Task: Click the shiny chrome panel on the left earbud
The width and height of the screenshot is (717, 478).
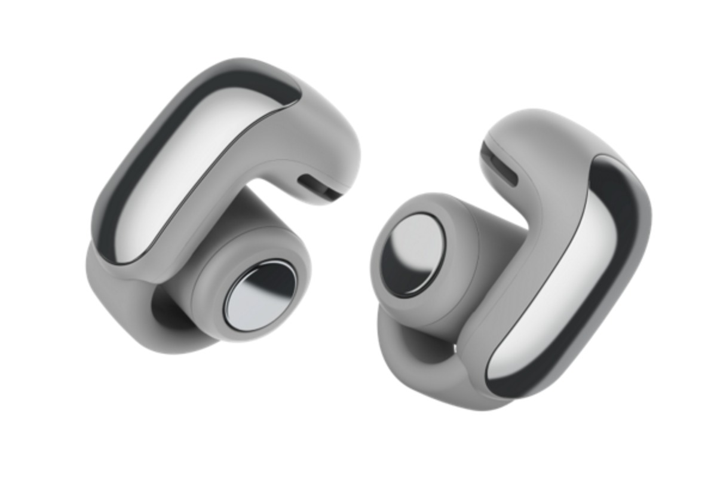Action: tap(185, 173)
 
